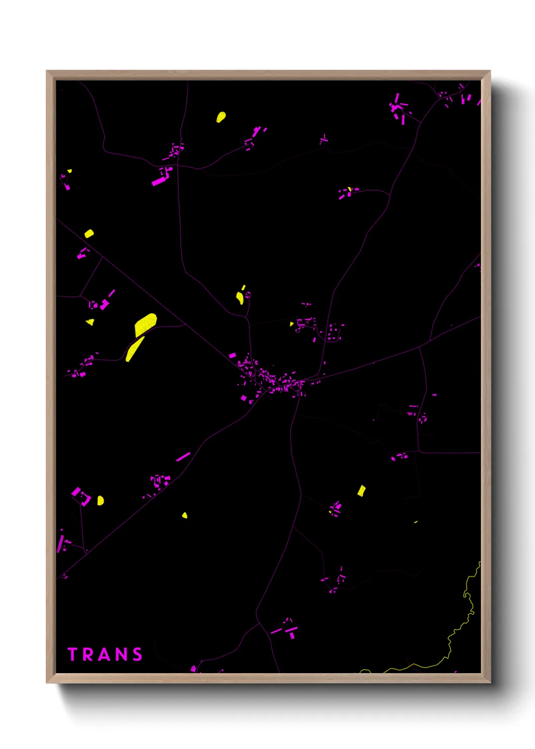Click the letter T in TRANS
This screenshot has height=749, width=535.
point(72,654)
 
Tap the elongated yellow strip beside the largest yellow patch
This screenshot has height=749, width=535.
point(134,349)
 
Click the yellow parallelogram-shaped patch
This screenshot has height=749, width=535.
point(362,490)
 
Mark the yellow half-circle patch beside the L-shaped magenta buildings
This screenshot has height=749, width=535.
point(100,501)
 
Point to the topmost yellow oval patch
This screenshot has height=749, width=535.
point(221,117)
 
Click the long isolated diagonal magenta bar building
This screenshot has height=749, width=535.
point(183,456)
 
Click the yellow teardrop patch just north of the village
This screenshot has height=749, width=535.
point(240,298)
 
